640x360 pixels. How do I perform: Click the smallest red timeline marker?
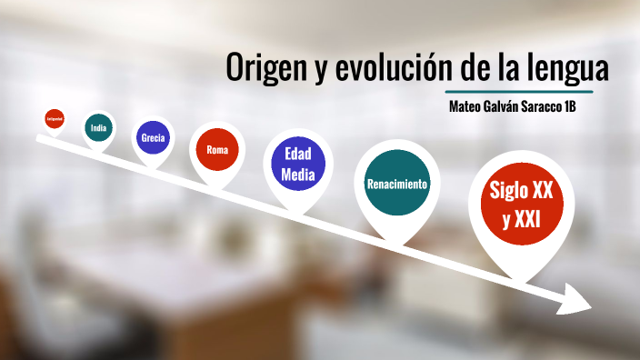click(x=54, y=117)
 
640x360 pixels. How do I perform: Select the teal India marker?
click(x=98, y=128)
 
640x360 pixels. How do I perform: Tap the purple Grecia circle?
click(x=152, y=138)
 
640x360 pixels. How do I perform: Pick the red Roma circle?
click(x=216, y=149)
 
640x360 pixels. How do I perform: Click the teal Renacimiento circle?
click(x=396, y=184)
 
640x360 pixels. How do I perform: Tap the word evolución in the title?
click(x=378, y=69)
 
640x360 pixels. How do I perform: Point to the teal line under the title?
click(x=519, y=92)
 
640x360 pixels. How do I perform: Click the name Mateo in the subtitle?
click(x=469, y=106)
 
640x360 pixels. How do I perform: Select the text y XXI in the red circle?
click(x=521, y=219)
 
